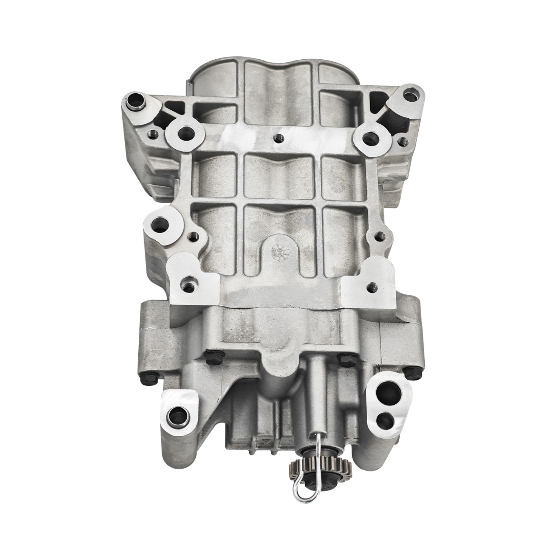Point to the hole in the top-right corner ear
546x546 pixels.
point(408,93)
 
